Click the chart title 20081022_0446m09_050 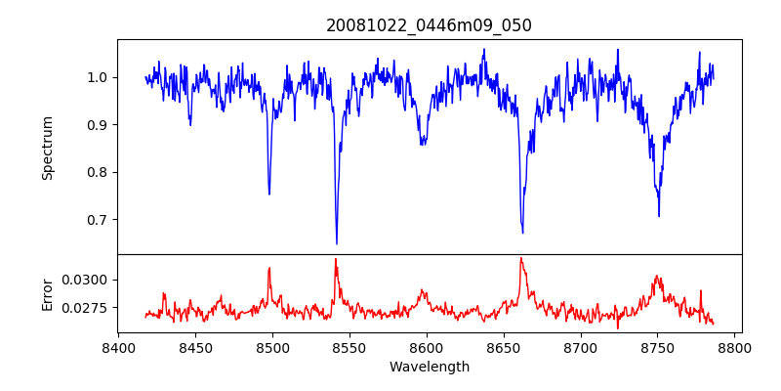coord(429,25)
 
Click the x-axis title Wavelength coord(429,367)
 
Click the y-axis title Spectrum coord(48,148)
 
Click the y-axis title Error coord(48,293)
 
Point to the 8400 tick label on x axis coord(118,347)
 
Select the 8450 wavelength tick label coord(195,347)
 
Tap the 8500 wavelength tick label coord(272,347)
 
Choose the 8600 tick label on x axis coord(427,347)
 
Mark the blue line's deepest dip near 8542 coord(337,243)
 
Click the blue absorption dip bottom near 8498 coord(269,194)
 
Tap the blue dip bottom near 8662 coord(522,233)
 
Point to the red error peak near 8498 coord(269,268)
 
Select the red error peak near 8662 coord(521,258)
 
